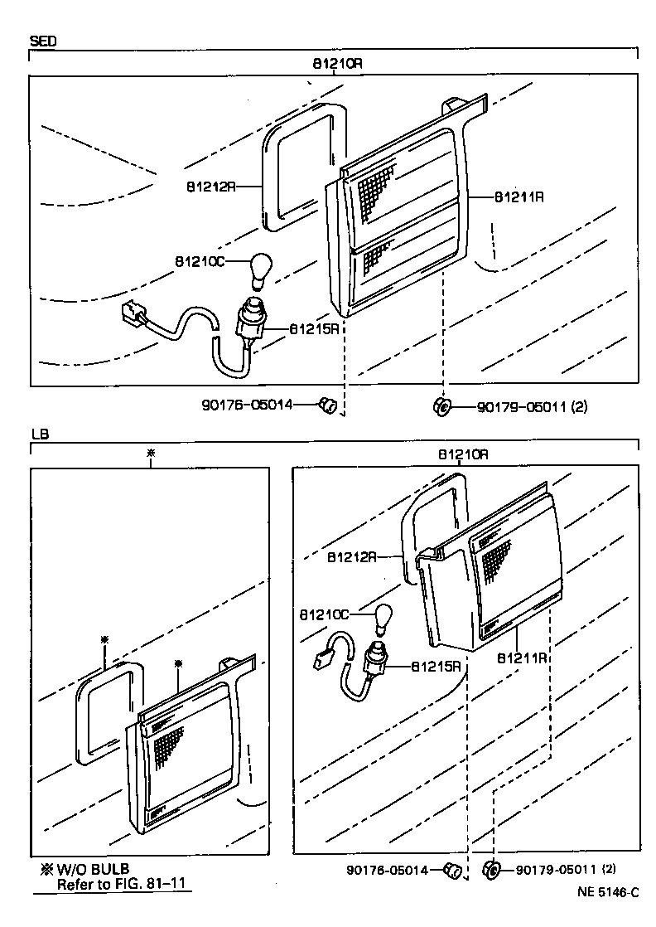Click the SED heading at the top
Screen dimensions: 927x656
pos(43,40)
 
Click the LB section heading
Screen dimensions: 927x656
pos(39,434)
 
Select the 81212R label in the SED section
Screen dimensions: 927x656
pos(210,187)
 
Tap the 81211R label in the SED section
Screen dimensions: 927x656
pos(519,197)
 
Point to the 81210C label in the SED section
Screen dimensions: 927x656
pos(199,262)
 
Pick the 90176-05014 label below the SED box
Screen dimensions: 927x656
pos(247,405)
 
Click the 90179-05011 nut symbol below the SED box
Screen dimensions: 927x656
pos(441,406)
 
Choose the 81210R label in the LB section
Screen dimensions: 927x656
pos(463,454)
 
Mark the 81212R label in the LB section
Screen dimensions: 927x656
pos(351,556)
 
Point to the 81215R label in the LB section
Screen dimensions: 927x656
pos(436,665)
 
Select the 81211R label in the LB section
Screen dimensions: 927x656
pos(521,658)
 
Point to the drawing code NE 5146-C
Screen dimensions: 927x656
pos(609,893)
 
